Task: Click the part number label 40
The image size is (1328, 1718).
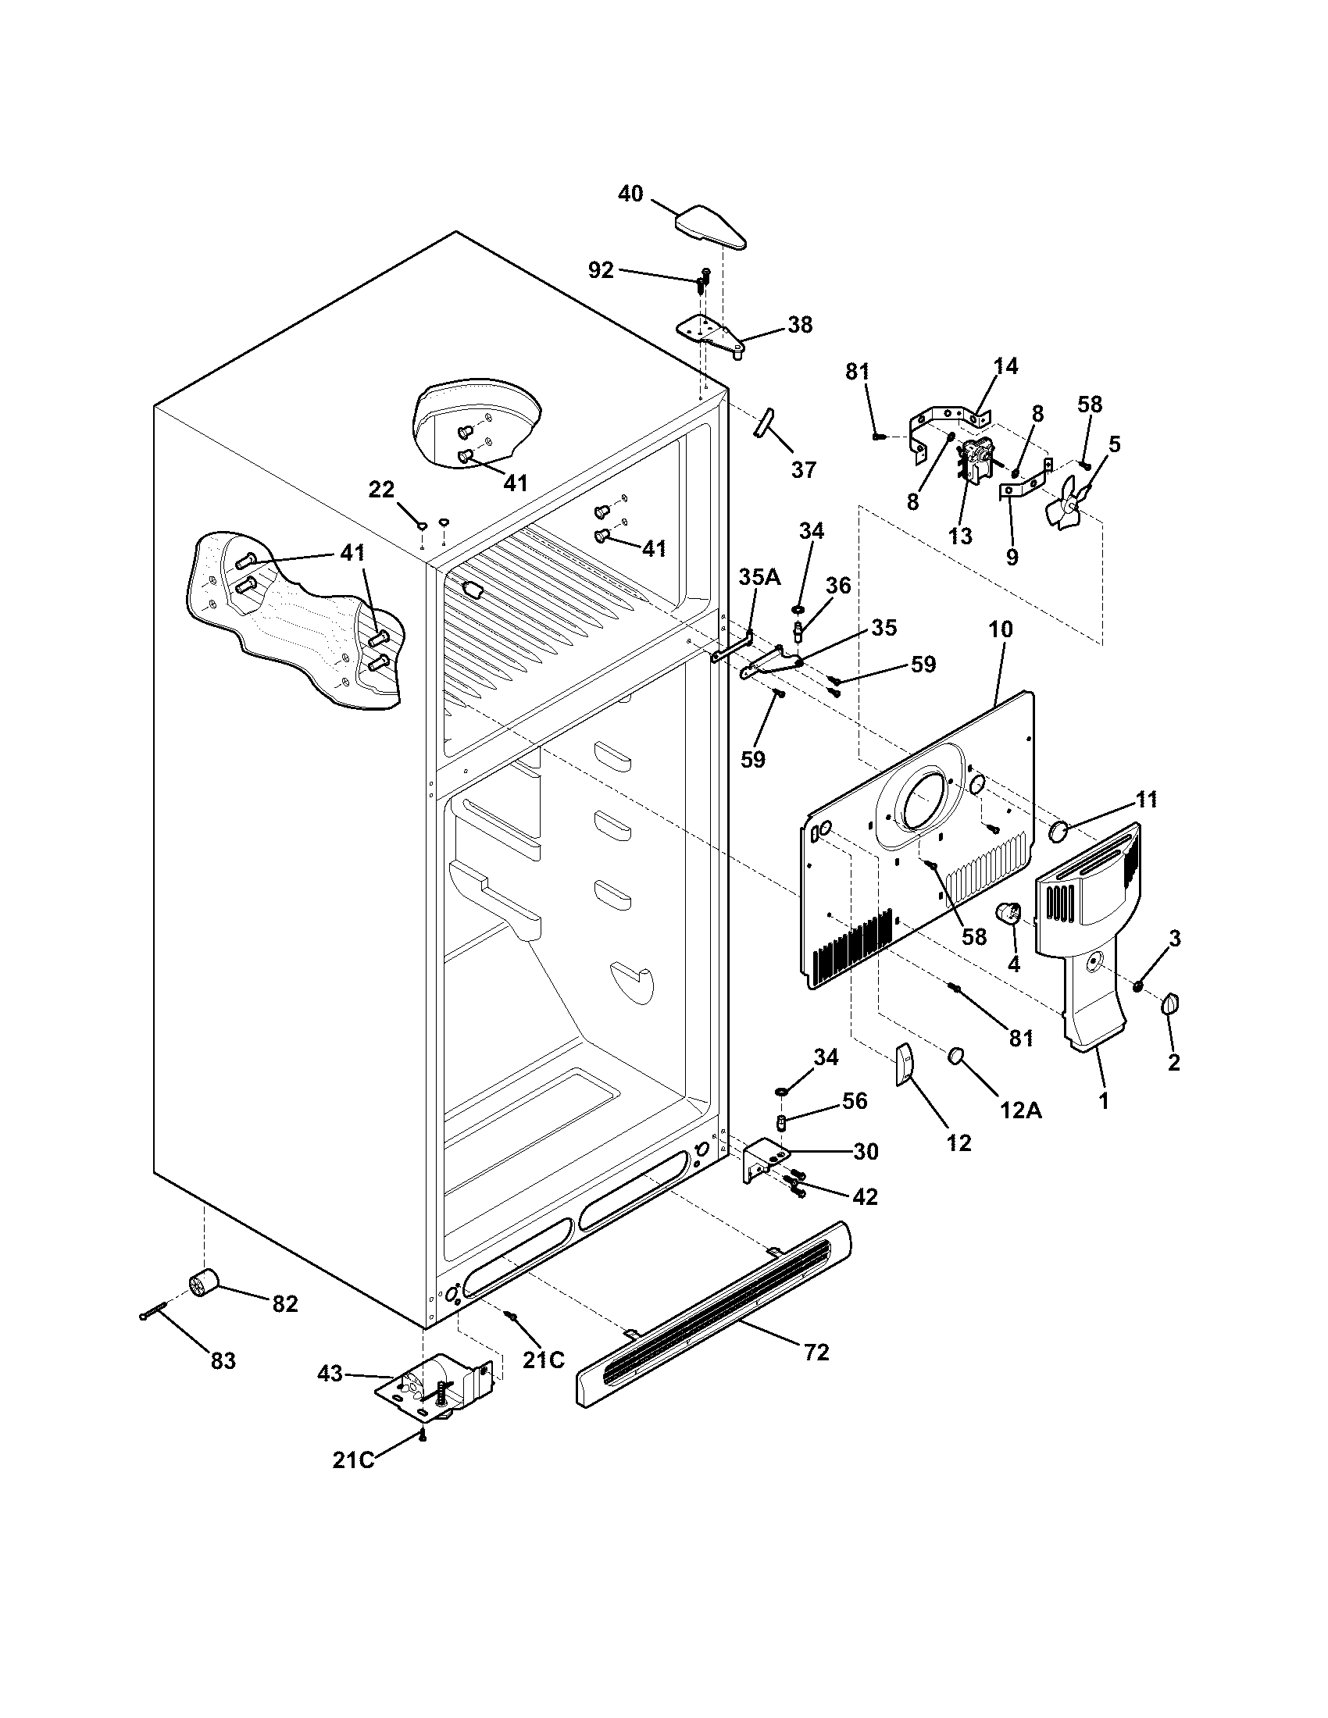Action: [x=630, y=194]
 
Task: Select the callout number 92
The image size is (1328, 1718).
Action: [x=600, y=271]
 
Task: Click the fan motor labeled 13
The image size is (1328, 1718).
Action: [x=973, y=463]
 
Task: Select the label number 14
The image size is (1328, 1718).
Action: [x=1005, y=365]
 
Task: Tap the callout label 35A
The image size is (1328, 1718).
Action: [x=759, y=576]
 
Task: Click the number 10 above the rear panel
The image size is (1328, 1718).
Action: [x=1000, y=629]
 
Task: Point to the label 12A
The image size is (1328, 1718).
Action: [x=1021, y=1110]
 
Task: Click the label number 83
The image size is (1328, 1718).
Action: [x=223, y=1361]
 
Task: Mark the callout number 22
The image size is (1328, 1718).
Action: [x=381, y=490]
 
